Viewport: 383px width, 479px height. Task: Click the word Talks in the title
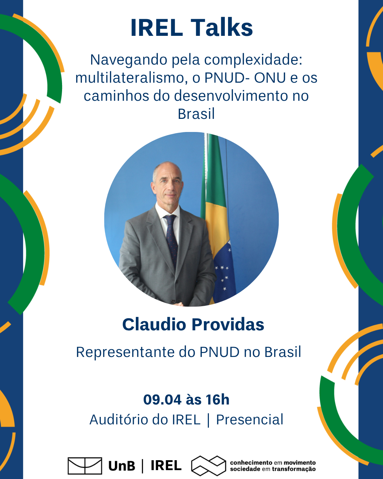pos(222,28)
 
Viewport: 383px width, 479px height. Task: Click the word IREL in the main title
pos(156,28)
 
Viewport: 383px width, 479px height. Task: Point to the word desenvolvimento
pos(232,96)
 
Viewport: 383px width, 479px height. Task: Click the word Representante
pos(126,352)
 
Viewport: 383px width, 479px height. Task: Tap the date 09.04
pos(162,400)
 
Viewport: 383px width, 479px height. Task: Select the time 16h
pos(217,400)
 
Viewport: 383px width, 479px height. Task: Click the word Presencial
pos(250,419)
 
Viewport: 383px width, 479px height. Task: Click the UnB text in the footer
pos(122,466)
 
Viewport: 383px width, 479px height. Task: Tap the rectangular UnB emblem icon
pos(85,466)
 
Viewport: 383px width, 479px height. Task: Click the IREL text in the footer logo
pos(166,466)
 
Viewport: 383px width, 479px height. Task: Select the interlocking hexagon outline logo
pos(209,466)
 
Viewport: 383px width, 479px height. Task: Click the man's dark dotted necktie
pos(172,238)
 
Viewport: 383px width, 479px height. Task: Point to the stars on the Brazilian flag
pos(223,275)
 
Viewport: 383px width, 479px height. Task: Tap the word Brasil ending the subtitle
pos(196,114)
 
